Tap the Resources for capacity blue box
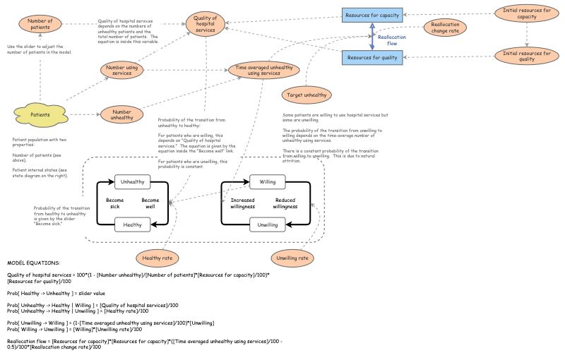pyautogui.click(x=371, y=15)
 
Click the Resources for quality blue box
pyautogui.click(x=371, y=58)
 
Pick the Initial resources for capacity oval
pyautogui.click(x=526, y=14)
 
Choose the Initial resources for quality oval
pyautogui.click(x=526, y=56)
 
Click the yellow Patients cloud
pyautogui.click(x=40, y=114)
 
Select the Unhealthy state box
pyautogui.click(x=133, y=182)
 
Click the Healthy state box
pyautogui.click(x=133, y=225)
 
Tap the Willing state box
pyautogui.click(x=268, y=182)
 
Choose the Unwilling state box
pyautogui.click(x=268, y=225)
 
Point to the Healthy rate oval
pyautogui.click(x=157, y=258)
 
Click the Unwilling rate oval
pyautogui.click(x=292, y=258)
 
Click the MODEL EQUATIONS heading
pyautogui.click(x=33, y=263)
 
